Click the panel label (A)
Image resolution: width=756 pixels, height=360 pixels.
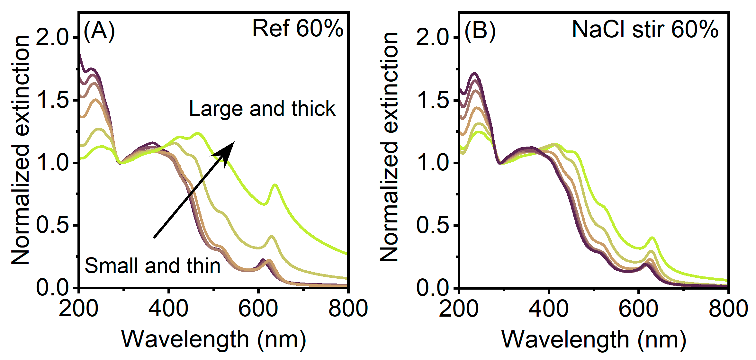click(99, 31)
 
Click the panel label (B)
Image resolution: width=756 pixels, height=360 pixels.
click(480, 31)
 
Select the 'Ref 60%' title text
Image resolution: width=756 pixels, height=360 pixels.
click(298, 29)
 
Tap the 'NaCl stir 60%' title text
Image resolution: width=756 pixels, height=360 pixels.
click(645, 29)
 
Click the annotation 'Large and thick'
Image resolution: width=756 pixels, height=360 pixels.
click(262, 109)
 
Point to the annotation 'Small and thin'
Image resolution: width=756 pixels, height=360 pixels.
click(152, 266)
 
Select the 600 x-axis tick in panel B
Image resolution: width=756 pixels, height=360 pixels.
click(638, 309)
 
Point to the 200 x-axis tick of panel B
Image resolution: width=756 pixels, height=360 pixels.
click(459, 309)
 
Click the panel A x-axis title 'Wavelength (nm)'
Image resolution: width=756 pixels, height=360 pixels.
click(213, 339)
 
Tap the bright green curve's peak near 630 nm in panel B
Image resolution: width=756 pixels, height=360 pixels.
click(652, 238)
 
